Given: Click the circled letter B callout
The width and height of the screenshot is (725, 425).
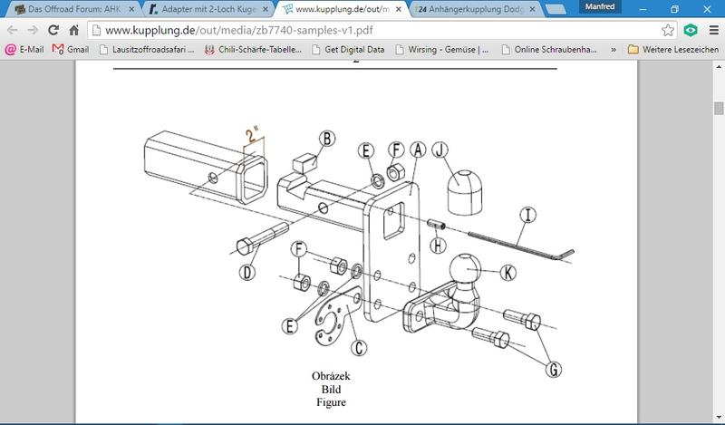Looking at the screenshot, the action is (327, 139).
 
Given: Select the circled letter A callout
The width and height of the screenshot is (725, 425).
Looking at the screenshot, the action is (418, 150).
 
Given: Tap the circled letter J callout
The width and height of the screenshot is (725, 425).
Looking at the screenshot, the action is (440, 150).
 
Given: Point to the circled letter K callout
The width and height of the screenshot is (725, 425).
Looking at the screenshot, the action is (508, 273).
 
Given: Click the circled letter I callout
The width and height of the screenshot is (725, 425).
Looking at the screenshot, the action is (527, 215).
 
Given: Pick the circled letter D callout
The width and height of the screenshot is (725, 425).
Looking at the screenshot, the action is (247, 273).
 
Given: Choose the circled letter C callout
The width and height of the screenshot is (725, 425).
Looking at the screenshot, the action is (359, 347).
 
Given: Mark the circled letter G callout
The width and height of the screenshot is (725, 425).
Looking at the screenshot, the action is (554, 369).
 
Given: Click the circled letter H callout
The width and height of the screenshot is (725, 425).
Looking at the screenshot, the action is (438, 245).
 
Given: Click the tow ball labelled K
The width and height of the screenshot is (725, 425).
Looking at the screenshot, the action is (465, 270).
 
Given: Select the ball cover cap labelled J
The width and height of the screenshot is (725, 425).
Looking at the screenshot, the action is (465, 192).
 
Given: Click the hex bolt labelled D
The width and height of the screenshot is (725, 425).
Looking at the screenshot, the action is (262, 237).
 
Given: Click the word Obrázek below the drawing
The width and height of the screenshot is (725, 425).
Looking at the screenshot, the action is (331, 376).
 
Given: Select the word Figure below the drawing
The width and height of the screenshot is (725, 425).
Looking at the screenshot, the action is (331, 402).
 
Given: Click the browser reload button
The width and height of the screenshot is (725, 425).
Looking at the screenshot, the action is (53, 31).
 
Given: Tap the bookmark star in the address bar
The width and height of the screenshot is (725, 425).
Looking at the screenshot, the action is (668, 31).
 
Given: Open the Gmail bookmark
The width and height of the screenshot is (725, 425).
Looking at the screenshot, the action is (71, 50).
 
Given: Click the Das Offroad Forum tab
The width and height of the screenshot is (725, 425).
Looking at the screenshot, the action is (75, 9).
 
